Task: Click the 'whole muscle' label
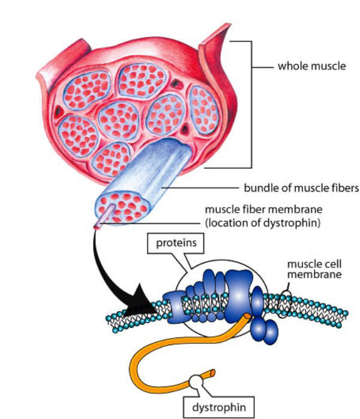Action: click(x=311, y=66)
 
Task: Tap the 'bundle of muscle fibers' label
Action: click(x=301, y=188)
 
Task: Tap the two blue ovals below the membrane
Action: click(x=265, y=327)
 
